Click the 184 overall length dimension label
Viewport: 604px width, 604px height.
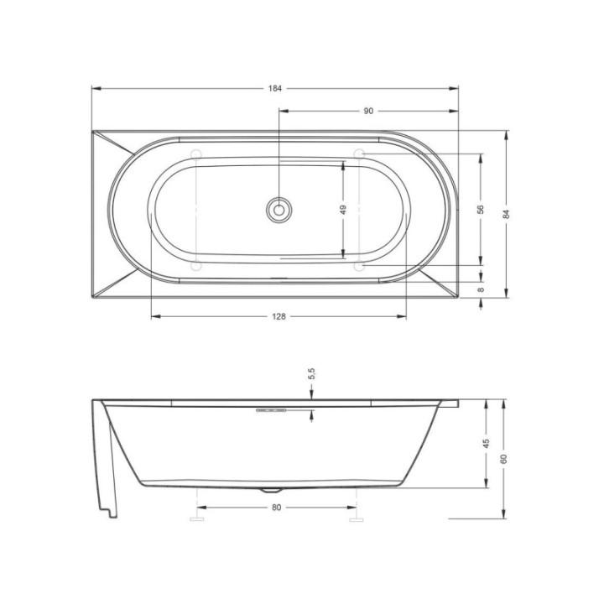tap(275, 88)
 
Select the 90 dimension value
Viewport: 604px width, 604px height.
tap(368, 111)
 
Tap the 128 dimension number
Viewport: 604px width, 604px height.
tap(279, 316)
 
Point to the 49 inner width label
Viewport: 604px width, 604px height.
tap(343, 210)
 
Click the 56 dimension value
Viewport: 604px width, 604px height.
tap(481, 210)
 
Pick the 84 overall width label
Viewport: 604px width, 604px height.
tap(507, 214)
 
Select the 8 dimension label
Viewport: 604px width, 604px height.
tap(481, 289)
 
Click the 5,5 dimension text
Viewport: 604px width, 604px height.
tap(311, 373)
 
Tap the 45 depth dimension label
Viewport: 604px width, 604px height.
tap(486, 444)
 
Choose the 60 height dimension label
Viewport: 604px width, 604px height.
tap(503, 459)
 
